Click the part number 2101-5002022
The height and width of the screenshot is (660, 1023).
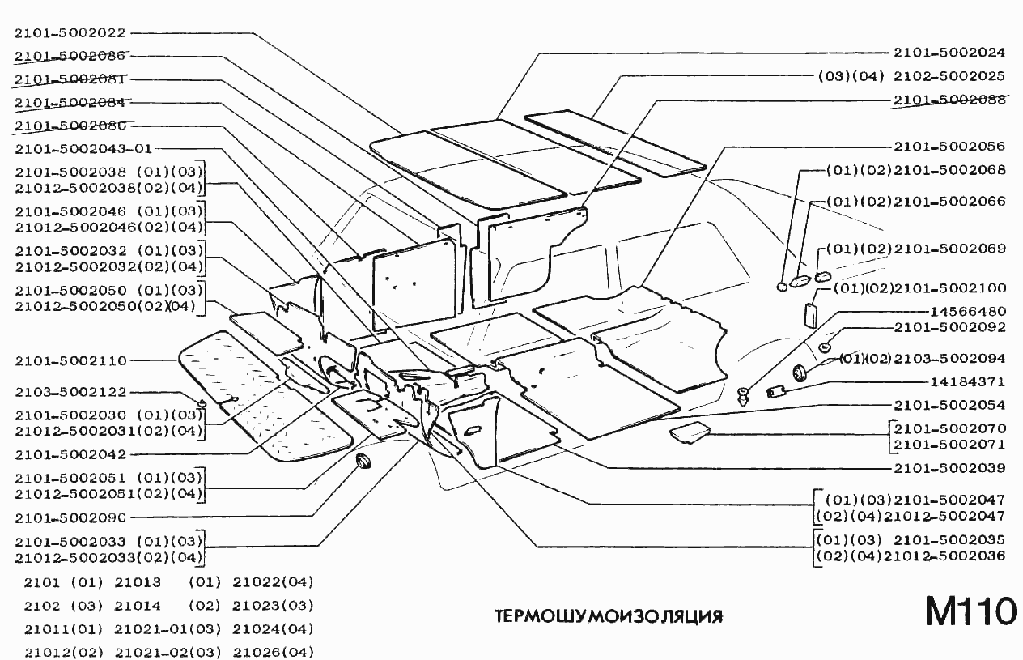[70, 33]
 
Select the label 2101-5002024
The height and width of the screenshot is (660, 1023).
[949, 53]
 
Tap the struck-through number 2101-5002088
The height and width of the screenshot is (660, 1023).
[949, 100]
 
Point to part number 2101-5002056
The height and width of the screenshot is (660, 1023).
[949, 147]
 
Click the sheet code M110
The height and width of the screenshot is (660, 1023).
[970, 613]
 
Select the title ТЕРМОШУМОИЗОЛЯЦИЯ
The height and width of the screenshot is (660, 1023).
[608, 616]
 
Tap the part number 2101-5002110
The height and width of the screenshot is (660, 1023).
[70, 360]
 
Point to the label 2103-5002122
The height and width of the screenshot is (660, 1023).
[70, 392]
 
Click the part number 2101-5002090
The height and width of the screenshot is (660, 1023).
[70, 517]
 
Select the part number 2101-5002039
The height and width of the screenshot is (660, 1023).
[949, 468]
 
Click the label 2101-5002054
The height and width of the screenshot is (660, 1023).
[949, 404]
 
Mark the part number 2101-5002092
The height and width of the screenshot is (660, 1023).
[949, 327]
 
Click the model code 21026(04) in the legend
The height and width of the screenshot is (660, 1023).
[273, 652]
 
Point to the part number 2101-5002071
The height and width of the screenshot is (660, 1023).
[949, 445]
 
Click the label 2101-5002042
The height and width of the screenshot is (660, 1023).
[70, 454]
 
